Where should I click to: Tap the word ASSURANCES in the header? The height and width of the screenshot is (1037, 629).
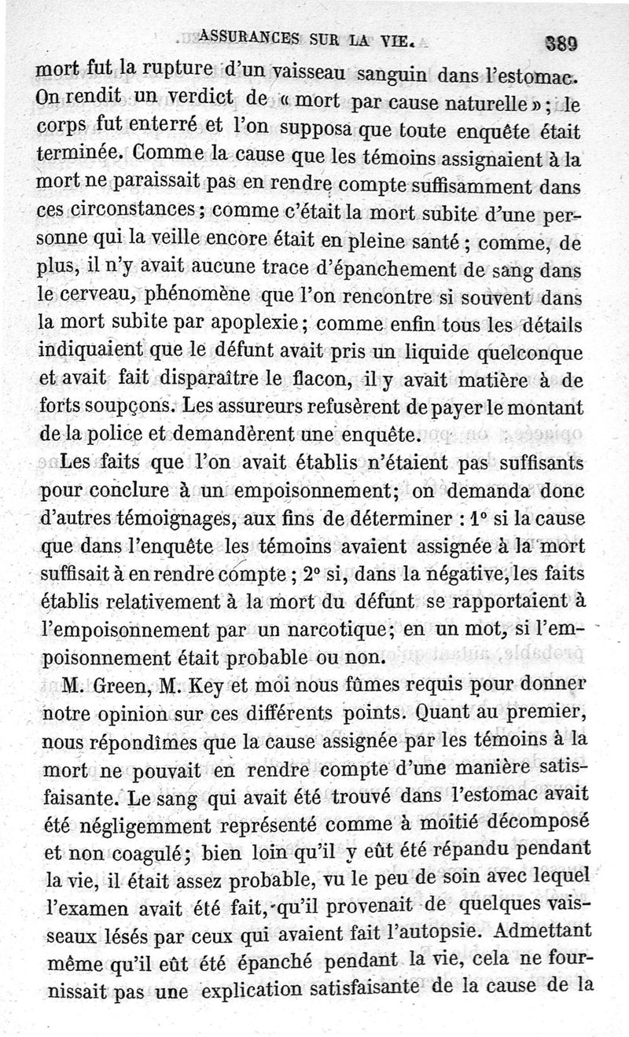click(248, 35)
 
